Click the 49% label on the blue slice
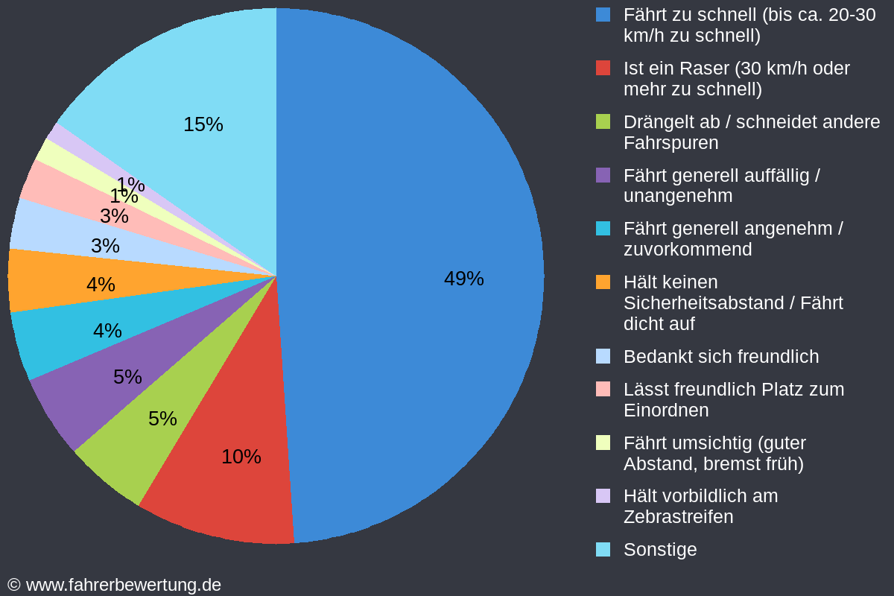463,279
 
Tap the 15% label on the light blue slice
203,124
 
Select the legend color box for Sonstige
603,550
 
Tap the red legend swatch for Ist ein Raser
603,69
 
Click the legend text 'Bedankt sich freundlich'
720,357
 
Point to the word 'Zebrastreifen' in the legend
678,517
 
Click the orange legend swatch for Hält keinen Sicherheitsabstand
603,282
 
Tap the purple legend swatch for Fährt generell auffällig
603,175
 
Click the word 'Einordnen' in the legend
665,410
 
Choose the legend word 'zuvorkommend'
687,250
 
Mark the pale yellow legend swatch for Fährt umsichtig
603,443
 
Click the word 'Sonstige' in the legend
660,550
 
